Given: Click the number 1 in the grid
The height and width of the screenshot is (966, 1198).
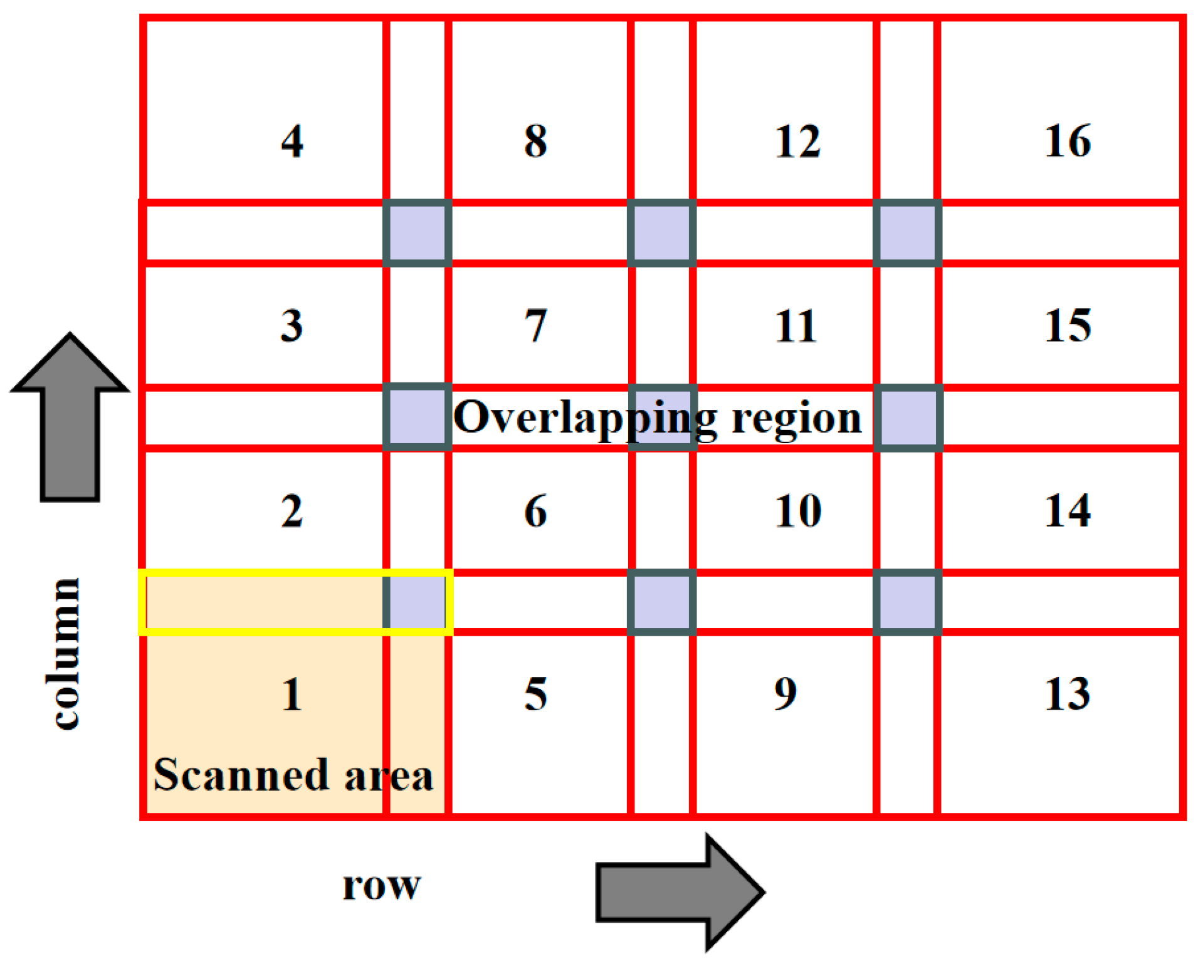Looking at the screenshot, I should (x=292, y=695).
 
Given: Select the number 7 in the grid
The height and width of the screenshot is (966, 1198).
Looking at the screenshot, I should (x=535, y=325).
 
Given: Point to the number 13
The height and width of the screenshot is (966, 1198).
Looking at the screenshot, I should (x=1067, y=694).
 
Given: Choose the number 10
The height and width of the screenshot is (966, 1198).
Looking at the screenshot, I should (x=798, y=510).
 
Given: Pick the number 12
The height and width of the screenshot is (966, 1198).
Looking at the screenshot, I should (x=797, y=141).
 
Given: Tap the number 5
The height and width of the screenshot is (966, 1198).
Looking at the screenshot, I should (x=535, y=694).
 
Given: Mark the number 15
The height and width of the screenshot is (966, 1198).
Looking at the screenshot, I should (x=1067, y=325).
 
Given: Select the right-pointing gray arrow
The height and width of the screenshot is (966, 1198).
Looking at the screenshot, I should (x=680, y=891).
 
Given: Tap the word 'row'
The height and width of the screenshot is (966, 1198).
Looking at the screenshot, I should (x=381, y=885).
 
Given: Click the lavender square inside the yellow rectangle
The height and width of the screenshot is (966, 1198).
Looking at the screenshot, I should (x=417, y=602).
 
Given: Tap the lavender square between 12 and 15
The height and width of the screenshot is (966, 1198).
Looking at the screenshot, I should (x=907, y=233).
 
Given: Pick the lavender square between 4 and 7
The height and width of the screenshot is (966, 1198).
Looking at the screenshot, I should (x=417, y=233).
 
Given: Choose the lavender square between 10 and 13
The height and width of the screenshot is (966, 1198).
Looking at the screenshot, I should (x=907, y=602).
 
